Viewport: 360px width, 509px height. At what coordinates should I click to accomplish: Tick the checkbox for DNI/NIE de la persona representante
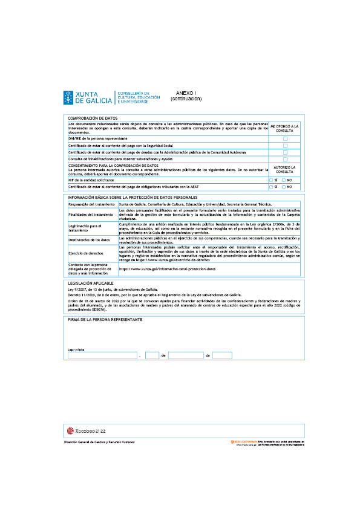(x=285, y=139)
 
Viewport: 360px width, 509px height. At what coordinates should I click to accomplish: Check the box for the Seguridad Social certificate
(x=285, y=146)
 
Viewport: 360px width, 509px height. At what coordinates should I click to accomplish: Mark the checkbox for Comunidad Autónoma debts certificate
(x=285, y=152)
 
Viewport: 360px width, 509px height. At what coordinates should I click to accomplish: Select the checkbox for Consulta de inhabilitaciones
(x=285, y=159)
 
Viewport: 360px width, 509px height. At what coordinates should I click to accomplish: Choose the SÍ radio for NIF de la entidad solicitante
(x=271, y=180)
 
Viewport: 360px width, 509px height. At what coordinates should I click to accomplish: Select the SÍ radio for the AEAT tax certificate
(x=271, y=187)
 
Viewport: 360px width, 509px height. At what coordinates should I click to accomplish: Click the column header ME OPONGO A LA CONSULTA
(x=284, y=128)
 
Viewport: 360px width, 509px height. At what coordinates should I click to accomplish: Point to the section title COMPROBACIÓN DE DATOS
(x=92, y=118)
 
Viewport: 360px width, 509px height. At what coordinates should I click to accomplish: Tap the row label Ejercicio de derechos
(x=83, y=252)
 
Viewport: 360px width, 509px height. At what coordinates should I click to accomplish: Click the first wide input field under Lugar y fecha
(x=102, y=355)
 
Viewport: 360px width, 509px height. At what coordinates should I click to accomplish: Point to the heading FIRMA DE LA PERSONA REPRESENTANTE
(x=105, y=319)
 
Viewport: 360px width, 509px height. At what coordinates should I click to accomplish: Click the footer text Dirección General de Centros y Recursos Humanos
(x=99, y=443)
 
